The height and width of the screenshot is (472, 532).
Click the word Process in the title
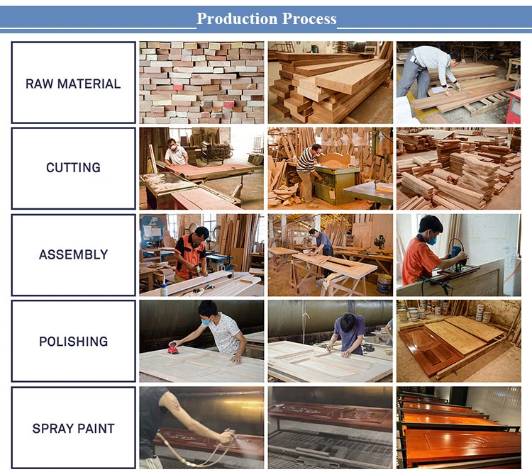(309, 18)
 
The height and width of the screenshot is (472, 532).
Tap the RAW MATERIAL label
(73, 84)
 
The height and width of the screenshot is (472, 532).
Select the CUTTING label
(73, 167)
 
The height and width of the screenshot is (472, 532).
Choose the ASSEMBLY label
(73, 254)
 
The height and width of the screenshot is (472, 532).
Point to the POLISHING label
(73, 342)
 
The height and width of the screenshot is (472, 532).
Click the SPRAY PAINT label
(73, 429)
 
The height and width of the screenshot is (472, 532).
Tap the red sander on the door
(173, 348)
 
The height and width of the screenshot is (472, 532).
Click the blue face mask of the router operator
(431, 240)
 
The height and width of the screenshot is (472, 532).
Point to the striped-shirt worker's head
(316, 150)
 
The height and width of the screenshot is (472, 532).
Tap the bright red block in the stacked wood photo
(178, 87)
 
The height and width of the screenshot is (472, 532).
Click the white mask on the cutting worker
(173, 147)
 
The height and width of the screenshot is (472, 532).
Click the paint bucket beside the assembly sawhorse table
(384, 283)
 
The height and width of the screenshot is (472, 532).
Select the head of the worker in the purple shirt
(347, 322)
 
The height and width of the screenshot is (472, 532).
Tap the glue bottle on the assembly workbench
(165, 289)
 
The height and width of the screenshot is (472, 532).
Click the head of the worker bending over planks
(455, 57)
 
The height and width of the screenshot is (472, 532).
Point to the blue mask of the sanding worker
(206, 322)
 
